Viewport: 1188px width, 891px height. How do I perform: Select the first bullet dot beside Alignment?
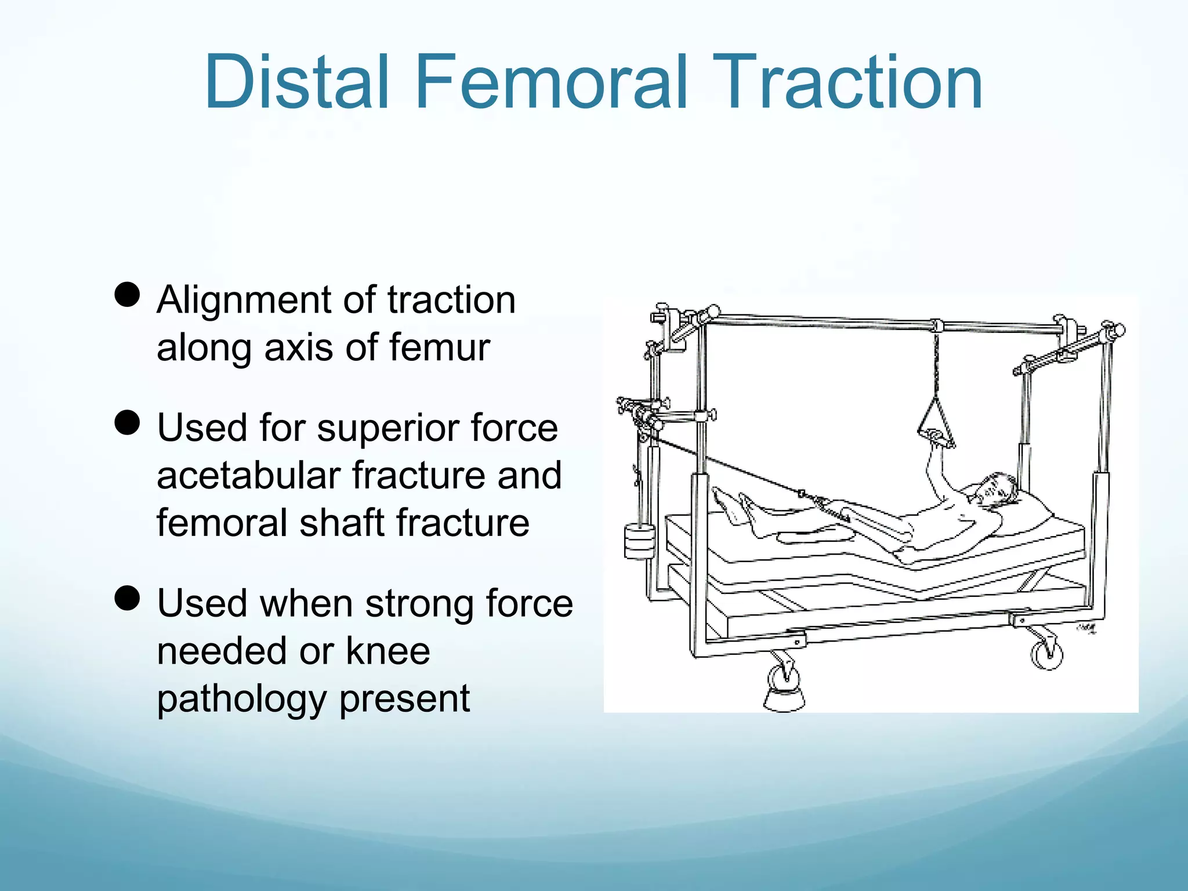[x=127, y=294]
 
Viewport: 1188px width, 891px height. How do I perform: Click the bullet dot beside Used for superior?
[x=127, y=422]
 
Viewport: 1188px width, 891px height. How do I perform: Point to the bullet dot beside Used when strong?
[x=127, y=598]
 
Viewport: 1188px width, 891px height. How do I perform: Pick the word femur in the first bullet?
[x=439, y=347]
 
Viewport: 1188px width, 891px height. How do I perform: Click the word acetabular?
[x=248, y=475]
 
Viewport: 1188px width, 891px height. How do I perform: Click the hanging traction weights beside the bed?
[x=639, y=541]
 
